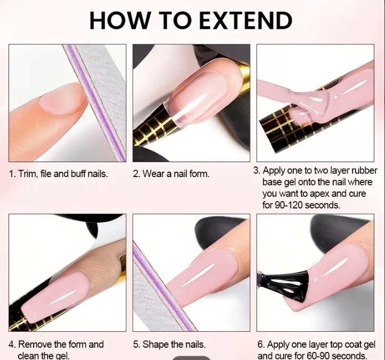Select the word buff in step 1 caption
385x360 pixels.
click(78, 174)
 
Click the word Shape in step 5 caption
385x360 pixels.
click(155, 345)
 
